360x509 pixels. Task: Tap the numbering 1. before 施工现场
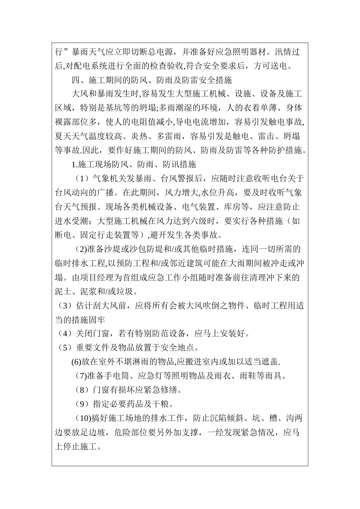click(x=74, y=164)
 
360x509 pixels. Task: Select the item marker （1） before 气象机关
click(x=80, y=178)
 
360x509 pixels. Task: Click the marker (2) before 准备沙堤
click(x=80, y=249)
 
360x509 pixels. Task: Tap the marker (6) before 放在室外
click(x=76, y=362)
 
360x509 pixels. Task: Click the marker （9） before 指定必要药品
click(x=80, y=404)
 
